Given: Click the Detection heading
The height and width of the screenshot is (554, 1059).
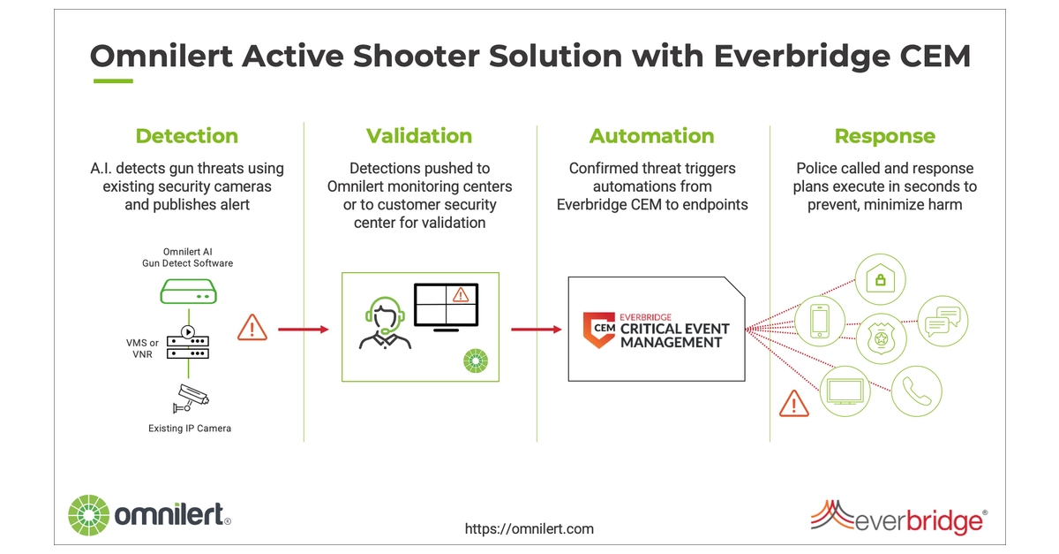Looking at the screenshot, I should [x=186, y=136].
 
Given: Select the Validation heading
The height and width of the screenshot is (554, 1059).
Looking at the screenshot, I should [x=419, y=136].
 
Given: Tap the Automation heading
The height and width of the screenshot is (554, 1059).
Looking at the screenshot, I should [x=651, y=136].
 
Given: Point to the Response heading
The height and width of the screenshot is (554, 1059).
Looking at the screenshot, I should [x=884, y=136].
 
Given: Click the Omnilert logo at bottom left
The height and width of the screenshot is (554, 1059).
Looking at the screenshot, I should [x=150, y=513].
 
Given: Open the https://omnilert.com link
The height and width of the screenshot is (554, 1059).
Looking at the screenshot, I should [x=529, y=528].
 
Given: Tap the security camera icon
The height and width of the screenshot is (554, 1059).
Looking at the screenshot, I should [x=190, y=397].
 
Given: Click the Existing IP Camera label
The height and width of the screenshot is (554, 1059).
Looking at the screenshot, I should [x=190, y=429].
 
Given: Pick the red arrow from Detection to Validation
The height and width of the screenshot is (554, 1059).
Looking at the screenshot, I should [x=303, y=330].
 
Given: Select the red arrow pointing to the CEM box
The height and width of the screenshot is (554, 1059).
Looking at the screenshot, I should [x=536, y=330].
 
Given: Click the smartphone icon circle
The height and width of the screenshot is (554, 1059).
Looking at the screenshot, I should [x=820, y=321].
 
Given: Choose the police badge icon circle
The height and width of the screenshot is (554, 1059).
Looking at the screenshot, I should [x=882, y=338].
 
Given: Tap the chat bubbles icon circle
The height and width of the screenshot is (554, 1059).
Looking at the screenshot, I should [x=943, y=321].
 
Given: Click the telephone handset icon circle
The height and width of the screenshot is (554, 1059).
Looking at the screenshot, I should [x=917, y=391].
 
